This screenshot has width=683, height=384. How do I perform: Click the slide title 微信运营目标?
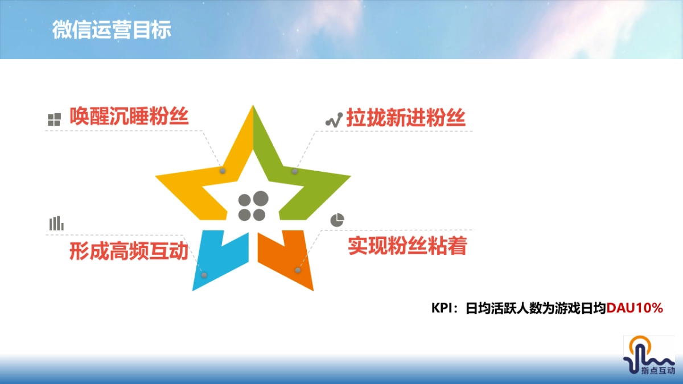[112, 30]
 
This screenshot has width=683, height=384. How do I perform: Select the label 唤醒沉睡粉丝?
[129, 117]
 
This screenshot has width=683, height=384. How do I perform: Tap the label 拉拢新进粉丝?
[406, 118]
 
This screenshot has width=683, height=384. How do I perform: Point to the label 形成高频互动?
[129, 250]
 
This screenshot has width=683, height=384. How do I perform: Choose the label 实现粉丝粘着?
[408, 246]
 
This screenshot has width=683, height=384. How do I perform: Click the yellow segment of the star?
[194, 191]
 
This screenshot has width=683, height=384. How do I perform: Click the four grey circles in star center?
[253, 206]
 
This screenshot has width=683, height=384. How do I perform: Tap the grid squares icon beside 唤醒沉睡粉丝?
[54, 119]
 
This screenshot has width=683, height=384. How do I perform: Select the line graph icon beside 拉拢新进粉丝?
[333, 119]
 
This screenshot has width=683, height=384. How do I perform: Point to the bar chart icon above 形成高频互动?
[56, 224]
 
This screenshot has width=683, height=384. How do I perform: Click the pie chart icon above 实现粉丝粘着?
[338, 220]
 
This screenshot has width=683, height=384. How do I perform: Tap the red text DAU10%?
[635, 308]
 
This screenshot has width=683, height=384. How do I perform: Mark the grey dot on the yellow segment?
[223, 171]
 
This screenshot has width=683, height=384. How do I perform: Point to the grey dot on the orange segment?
[297, 270]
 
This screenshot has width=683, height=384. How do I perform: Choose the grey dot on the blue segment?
[204, 275]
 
